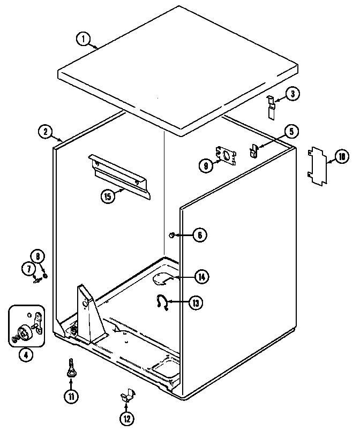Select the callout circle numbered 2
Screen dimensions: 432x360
pyautogui.click(x=46, y=131)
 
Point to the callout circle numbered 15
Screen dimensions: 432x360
pyautogui.click(x=108, y=196)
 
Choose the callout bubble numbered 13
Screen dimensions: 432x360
pyautogui.click(x=196, y=302)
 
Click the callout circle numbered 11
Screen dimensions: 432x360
pyautogui.click(x=71, y=396)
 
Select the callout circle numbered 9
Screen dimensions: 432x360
pyautogui.click(x=205, y=166)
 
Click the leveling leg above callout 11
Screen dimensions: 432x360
pyautogui.click(x=70, y=369)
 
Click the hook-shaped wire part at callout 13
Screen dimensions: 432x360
pyautogui.click(x=161, y=301)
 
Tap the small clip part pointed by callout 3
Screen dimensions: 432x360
pyautogui.click(x=273, y=105)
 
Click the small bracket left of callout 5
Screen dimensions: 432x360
pyautogui.click(x=253, y=151)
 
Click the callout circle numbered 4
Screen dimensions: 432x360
pyautogui.click(x=25, y=354)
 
